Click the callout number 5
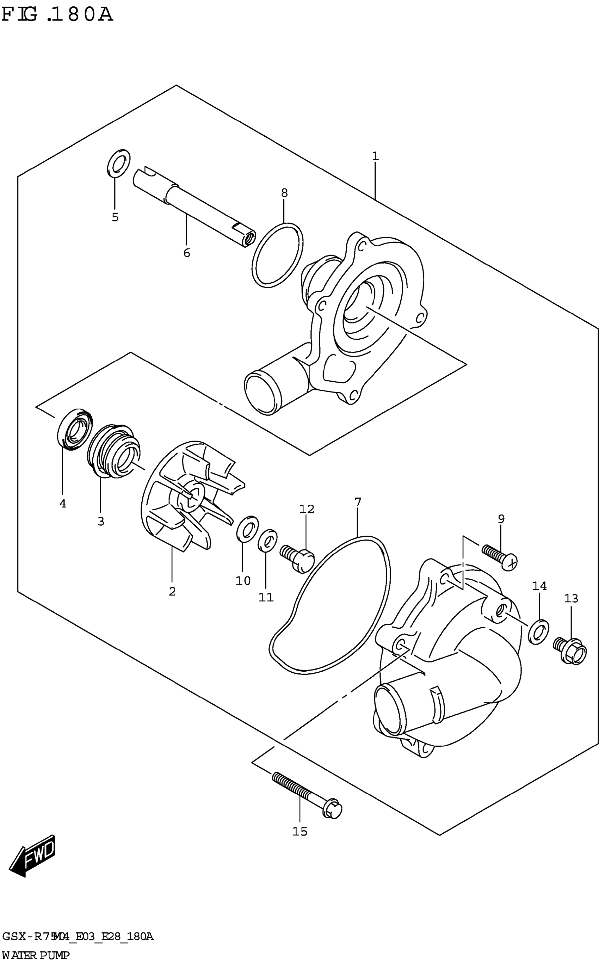coord(115,217)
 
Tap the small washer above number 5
coord(118,162)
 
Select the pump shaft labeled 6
coord(194,208)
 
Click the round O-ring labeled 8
coord(277,255)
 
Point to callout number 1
coord(375,156)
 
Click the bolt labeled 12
coord(297,557)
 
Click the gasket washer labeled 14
coord(539,630)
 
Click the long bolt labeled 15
coord(307,793)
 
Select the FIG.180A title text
coord(57,15)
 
